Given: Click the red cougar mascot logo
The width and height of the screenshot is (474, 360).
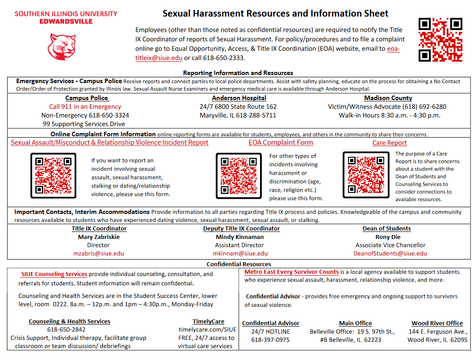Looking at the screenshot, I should coord(63,46).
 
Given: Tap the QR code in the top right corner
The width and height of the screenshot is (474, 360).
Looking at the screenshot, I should coord(440,39).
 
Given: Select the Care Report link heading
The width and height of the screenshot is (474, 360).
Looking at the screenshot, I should coord(390,143).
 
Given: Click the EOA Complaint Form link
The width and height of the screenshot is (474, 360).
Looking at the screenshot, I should coord(281,142).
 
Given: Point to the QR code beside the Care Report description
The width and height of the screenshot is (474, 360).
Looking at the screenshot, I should coord(366,175).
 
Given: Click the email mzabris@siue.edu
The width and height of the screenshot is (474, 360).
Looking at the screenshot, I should coord(99,253).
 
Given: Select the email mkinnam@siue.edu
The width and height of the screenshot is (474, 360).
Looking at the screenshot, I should coord(240,253).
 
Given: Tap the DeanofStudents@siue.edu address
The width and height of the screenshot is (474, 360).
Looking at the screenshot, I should coord(390,253).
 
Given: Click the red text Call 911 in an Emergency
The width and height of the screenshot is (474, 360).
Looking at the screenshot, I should coord(85,107).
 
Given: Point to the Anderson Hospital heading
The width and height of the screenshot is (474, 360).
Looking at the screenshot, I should coord(239,98).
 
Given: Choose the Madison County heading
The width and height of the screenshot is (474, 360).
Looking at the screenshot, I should coord(388,98).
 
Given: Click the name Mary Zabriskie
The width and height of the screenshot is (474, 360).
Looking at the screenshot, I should coord(99,237).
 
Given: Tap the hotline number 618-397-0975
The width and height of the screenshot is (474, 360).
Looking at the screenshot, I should coord(270,340).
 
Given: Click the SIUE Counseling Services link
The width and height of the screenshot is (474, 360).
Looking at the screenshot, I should coord(54,274).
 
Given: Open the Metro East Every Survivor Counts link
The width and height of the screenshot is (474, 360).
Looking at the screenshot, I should coord(291,272).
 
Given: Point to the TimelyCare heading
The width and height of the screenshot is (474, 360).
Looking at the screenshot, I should coord(208,321).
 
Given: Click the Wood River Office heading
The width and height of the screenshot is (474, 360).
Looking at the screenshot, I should coord(437,323).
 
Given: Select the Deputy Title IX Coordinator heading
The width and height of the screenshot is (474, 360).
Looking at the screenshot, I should coord(241,229).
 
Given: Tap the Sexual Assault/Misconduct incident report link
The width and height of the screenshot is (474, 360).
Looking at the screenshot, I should coord(109,142).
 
